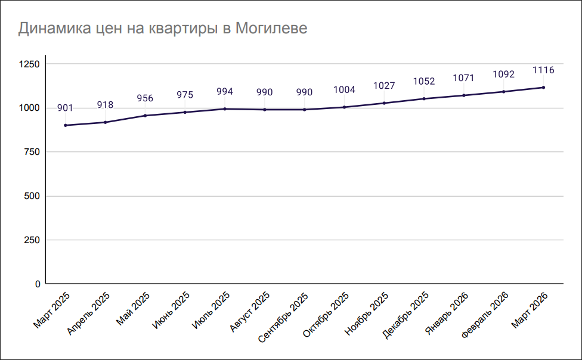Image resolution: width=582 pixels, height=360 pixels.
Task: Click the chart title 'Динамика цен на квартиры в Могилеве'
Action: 163,29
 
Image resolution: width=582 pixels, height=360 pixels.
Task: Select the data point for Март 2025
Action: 65,125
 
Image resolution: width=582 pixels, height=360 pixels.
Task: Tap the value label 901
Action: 65,108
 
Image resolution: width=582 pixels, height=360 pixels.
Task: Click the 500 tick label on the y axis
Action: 31,196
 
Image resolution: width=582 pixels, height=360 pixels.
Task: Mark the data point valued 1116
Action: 543,88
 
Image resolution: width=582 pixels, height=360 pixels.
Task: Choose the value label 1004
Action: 344,90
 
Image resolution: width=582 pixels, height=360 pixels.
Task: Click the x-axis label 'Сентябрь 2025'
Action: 284,316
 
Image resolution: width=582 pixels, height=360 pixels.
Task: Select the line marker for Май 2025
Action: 145,116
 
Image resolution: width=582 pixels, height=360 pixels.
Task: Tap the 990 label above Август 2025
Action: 264,92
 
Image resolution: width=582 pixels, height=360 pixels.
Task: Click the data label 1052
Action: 424,82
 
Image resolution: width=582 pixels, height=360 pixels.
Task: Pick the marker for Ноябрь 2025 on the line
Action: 384,103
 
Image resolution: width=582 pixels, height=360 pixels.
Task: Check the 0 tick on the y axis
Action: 37,284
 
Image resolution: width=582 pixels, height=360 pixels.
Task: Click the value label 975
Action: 185,95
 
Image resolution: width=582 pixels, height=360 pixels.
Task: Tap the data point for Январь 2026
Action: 464,95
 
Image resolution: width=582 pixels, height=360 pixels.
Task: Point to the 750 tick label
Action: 31,152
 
